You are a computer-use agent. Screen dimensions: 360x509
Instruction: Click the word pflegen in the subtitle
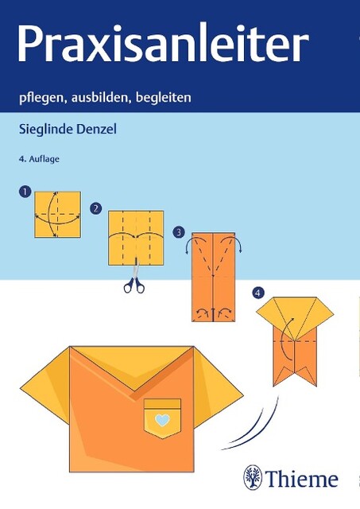41,98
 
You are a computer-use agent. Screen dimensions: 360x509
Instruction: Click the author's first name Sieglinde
46,130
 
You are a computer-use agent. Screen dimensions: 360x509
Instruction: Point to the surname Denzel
96,129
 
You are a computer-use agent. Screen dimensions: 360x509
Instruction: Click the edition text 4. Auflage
39,159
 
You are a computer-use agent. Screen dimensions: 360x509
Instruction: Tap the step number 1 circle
25,192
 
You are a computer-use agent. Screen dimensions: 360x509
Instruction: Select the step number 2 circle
95,208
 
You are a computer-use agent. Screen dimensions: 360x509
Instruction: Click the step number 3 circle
179,232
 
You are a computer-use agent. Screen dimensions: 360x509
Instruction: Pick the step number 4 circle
257,293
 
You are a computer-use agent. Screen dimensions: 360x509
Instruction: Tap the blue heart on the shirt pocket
162,420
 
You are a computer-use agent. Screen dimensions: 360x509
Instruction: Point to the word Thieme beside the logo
302,479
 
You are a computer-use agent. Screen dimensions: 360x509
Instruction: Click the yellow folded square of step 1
57,215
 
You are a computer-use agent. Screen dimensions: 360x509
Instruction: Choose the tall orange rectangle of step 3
213,277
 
